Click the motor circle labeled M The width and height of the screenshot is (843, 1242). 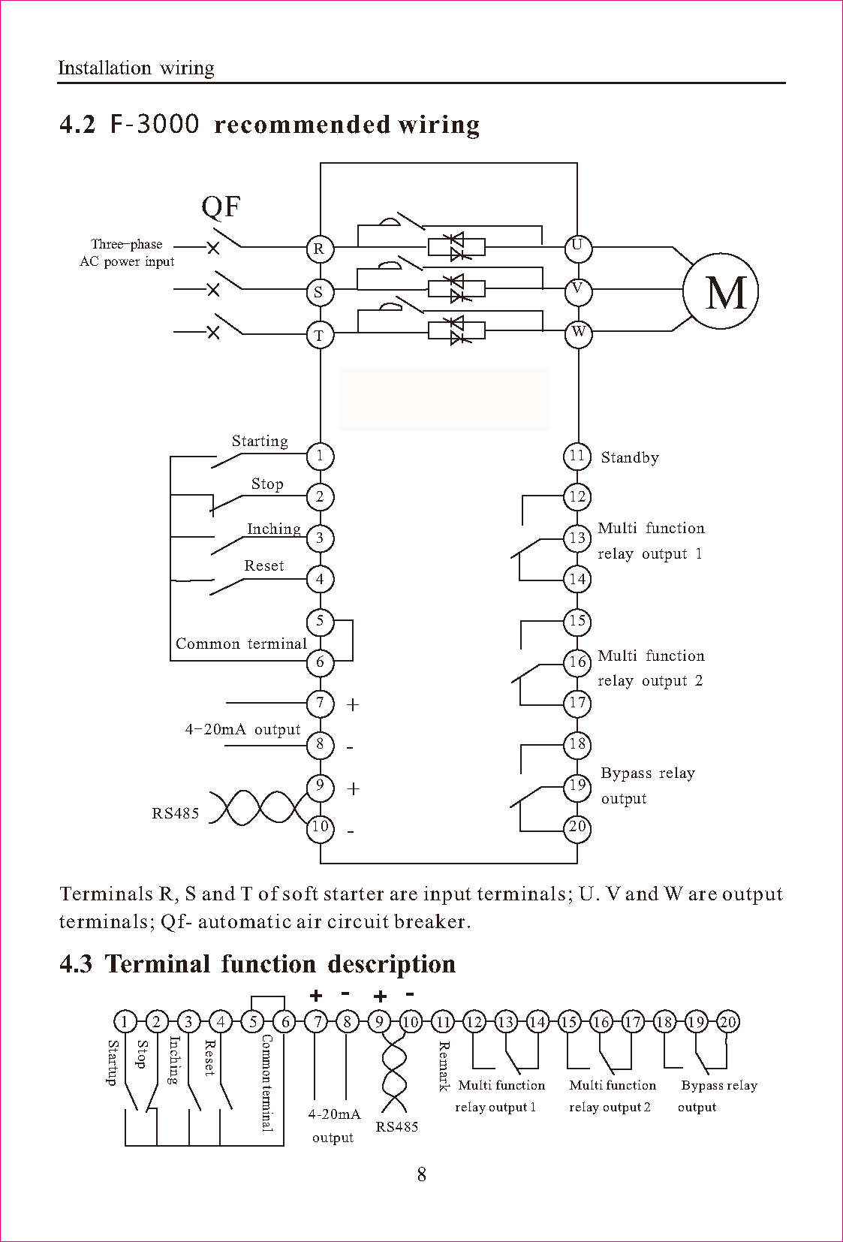click(721, 291)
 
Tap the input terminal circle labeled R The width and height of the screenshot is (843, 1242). click(320, 249)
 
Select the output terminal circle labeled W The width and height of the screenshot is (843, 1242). click(578, 333)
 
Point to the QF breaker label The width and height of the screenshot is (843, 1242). click(221, 206)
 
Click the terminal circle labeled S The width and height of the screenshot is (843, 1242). click(320, 291)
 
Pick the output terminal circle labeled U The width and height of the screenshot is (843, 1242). click(578, 247)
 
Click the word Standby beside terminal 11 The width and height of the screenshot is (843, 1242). click(630, 457)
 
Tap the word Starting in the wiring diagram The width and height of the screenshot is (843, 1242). click(260, 441)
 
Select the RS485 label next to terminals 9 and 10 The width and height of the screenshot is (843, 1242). click(176, 813)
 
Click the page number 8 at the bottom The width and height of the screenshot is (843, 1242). click(422, 1174)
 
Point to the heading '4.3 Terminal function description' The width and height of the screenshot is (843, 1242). click(257, 964)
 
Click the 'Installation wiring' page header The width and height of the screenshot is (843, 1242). click(136, 68)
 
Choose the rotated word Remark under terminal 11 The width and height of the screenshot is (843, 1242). click(444, 1066)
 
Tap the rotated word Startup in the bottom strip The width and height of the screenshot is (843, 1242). click(113, 1062)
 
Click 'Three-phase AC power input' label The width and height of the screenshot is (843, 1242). click(127, 253)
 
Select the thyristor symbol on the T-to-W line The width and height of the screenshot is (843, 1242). click(456, 330)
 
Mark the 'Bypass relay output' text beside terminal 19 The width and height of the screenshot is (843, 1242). click(648, 785)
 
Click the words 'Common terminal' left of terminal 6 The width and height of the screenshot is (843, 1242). click(241, 644)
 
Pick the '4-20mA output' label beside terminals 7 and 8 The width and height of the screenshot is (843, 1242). click(242, 729)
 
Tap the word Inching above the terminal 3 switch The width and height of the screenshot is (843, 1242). click(274, 529)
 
